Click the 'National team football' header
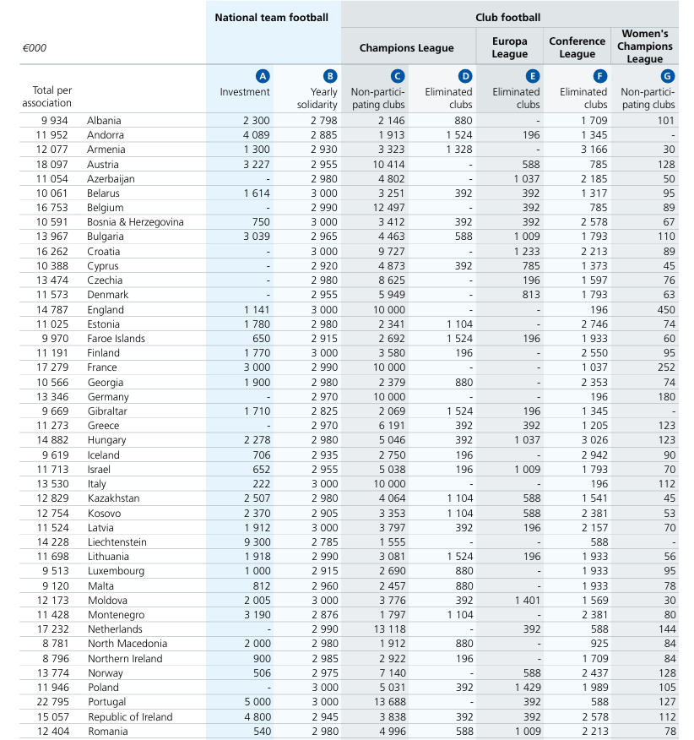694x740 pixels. click(271, 17)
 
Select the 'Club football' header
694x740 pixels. click(507, 17)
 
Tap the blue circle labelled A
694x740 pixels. click(263, 76)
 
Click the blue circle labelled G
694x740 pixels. click(668, 76)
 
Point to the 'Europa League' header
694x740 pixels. click(509, 47)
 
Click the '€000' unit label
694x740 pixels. click(35, 48)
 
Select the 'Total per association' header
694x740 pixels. click(53, 96)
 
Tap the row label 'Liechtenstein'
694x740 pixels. click(117, 542)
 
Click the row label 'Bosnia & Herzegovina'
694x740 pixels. click(135, 222)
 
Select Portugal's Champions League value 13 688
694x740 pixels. click(388, 702)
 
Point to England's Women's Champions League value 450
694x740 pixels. click(665, 309)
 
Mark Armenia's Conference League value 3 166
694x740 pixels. click(592, 150)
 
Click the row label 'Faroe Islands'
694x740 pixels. click(116, 339)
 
